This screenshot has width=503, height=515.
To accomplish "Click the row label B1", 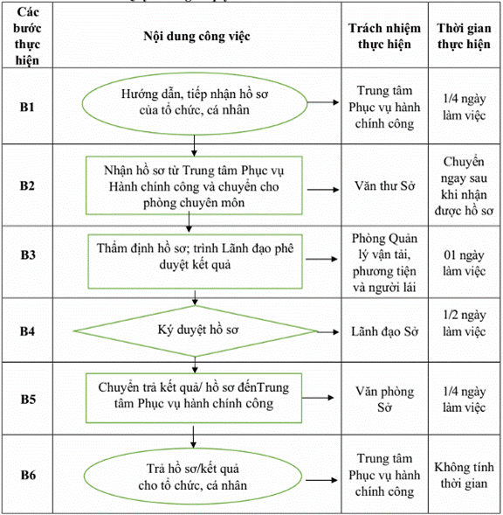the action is click(x=27, y=107).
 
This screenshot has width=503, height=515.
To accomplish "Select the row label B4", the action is click(x=27, y=331).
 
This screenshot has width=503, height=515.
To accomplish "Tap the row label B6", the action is click(x=28, y=475).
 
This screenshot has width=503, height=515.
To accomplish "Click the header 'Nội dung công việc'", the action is click(x=196, y=36).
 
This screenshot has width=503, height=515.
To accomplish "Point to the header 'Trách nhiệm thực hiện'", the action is click(x=384, y=36).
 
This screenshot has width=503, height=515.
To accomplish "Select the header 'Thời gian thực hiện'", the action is click(x=464, y=36).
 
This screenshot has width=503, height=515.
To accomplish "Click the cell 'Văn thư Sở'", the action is click(x=384, y=186).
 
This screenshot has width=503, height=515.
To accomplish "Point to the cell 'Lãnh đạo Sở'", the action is click(x=384, y=331).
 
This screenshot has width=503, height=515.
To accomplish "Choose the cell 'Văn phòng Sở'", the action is click(x=384, y=400).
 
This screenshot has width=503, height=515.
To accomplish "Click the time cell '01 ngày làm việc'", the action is click(x=464, y=263).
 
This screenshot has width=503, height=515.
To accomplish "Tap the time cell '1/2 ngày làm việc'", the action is click(x=464, y=324).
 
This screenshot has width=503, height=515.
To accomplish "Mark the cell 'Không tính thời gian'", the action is click(x=464, y=476).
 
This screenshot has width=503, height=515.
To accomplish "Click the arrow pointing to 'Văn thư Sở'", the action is click(x=323, y=190).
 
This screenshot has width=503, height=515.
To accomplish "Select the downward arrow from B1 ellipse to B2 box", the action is click(x=194, y=145).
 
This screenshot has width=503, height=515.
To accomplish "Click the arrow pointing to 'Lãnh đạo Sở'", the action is click(x=327, y=332).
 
